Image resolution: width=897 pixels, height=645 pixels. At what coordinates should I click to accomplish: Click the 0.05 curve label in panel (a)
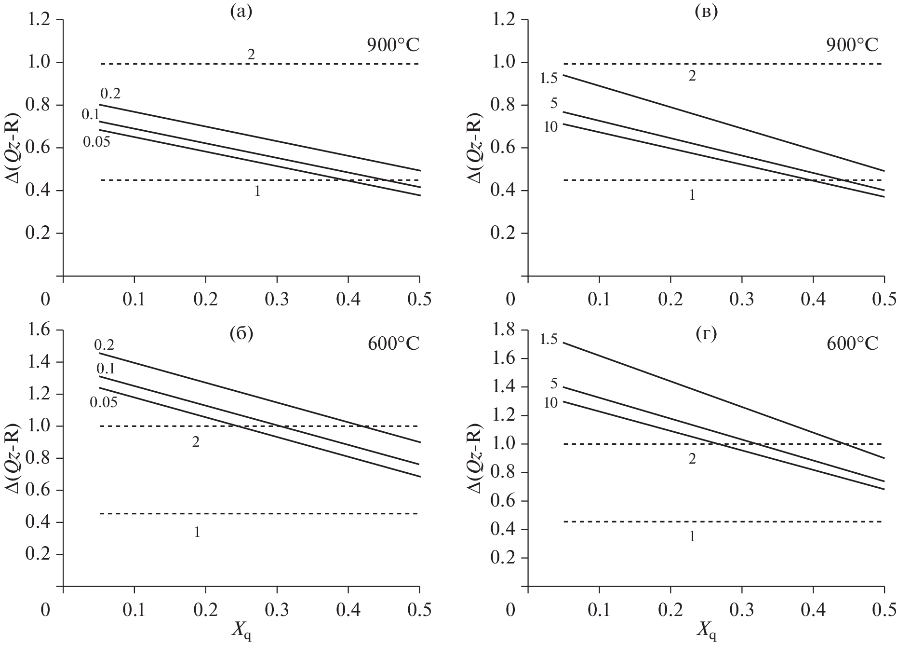tap(96, 142)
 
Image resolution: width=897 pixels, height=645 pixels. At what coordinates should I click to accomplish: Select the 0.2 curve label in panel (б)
tap(104, 344)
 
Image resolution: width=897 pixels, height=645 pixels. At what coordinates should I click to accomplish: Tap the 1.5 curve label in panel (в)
tap(549, 77)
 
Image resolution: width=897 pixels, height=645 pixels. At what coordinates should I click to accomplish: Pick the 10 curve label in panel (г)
tap(550, 402)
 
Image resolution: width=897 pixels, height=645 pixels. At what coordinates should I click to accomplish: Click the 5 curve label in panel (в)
tap(553, 103)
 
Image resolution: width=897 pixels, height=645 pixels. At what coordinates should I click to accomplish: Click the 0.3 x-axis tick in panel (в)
tap(741, 299)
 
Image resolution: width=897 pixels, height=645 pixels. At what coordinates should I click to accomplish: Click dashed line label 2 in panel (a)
tap(251, 54)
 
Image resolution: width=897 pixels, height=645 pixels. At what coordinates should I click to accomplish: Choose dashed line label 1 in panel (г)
tap(692, 536)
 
